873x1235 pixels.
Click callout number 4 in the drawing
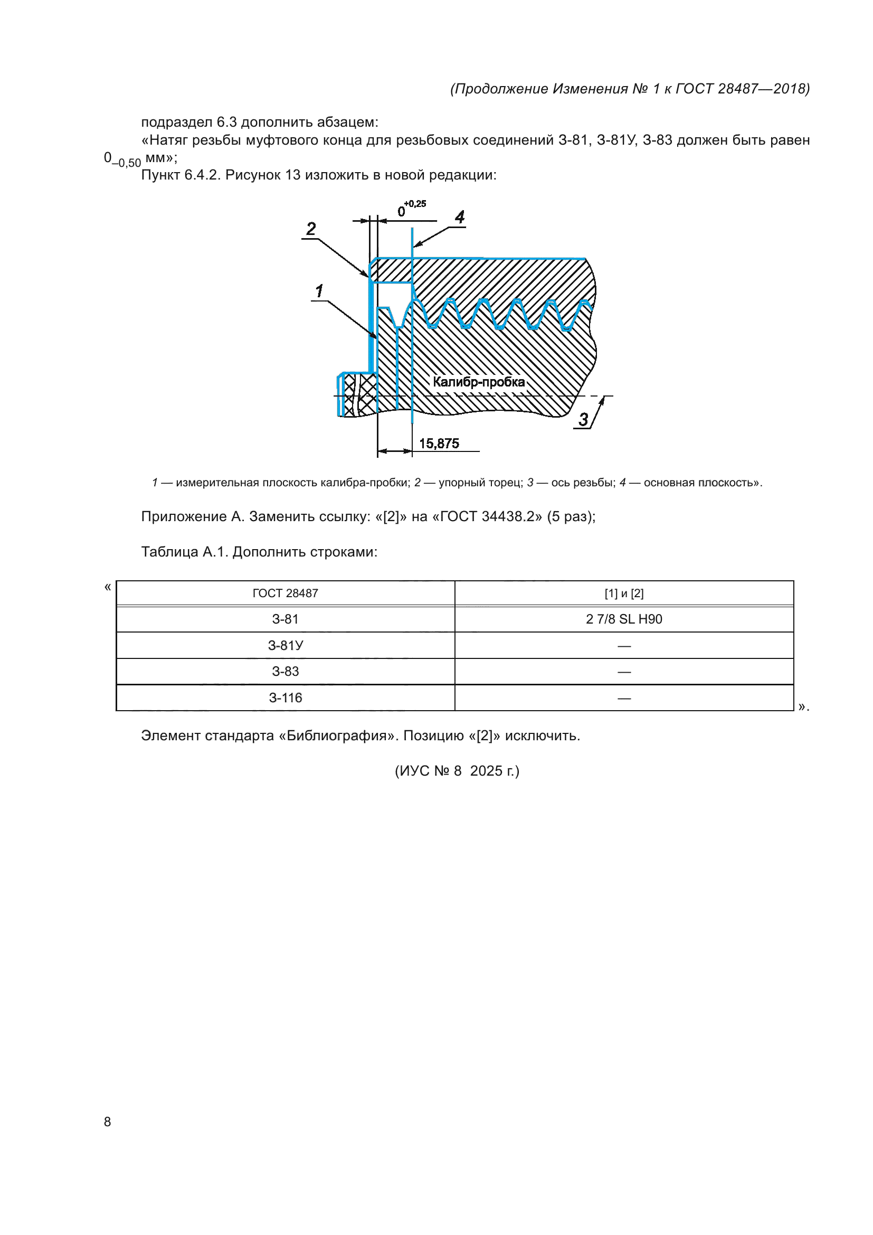point(460,218)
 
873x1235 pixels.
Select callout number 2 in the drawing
point(311,229)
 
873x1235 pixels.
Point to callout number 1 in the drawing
point(319,291)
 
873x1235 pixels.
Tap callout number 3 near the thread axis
point(583,419)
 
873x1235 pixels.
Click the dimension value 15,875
point(439,444)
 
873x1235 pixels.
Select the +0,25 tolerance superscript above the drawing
point(415,204)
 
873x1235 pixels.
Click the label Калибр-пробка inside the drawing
point(478,382)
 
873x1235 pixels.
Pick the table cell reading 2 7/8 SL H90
point(624,619)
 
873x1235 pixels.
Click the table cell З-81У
point(286,645)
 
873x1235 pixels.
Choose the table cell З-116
point(286,697)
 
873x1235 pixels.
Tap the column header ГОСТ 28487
point(286,593)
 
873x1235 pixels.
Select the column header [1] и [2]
point(624,593)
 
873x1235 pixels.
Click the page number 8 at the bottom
point(108,1121)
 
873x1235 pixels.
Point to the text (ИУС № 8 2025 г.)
point(457,771)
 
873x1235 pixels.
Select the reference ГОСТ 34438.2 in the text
point(488,516)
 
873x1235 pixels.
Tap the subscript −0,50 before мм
point(126,163)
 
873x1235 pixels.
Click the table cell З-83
point(286,671)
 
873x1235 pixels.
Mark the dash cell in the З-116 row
point(624,697)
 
